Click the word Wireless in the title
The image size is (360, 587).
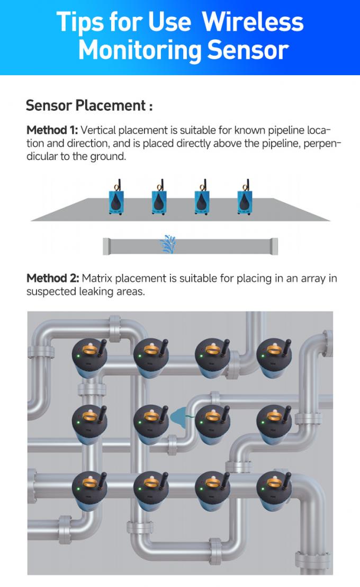point(253,22)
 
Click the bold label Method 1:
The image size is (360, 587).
point(52,130)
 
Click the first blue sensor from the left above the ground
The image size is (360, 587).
point(115,199)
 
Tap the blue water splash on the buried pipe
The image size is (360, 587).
point(168,243)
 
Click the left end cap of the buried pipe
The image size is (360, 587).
point(106,246)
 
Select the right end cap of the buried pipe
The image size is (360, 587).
point(274,246)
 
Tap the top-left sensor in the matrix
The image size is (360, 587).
point(89,358)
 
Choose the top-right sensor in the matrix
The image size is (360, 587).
point(274,358)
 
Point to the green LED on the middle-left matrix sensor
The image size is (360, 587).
point(78,422)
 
